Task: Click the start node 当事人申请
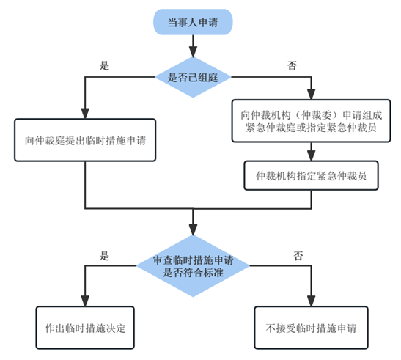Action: click(x=194, y=22)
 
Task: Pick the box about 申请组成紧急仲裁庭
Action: click(x=311, y=120)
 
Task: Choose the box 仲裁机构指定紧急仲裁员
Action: click(x=311, y=175)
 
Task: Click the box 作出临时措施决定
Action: click(x=85, y=326)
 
